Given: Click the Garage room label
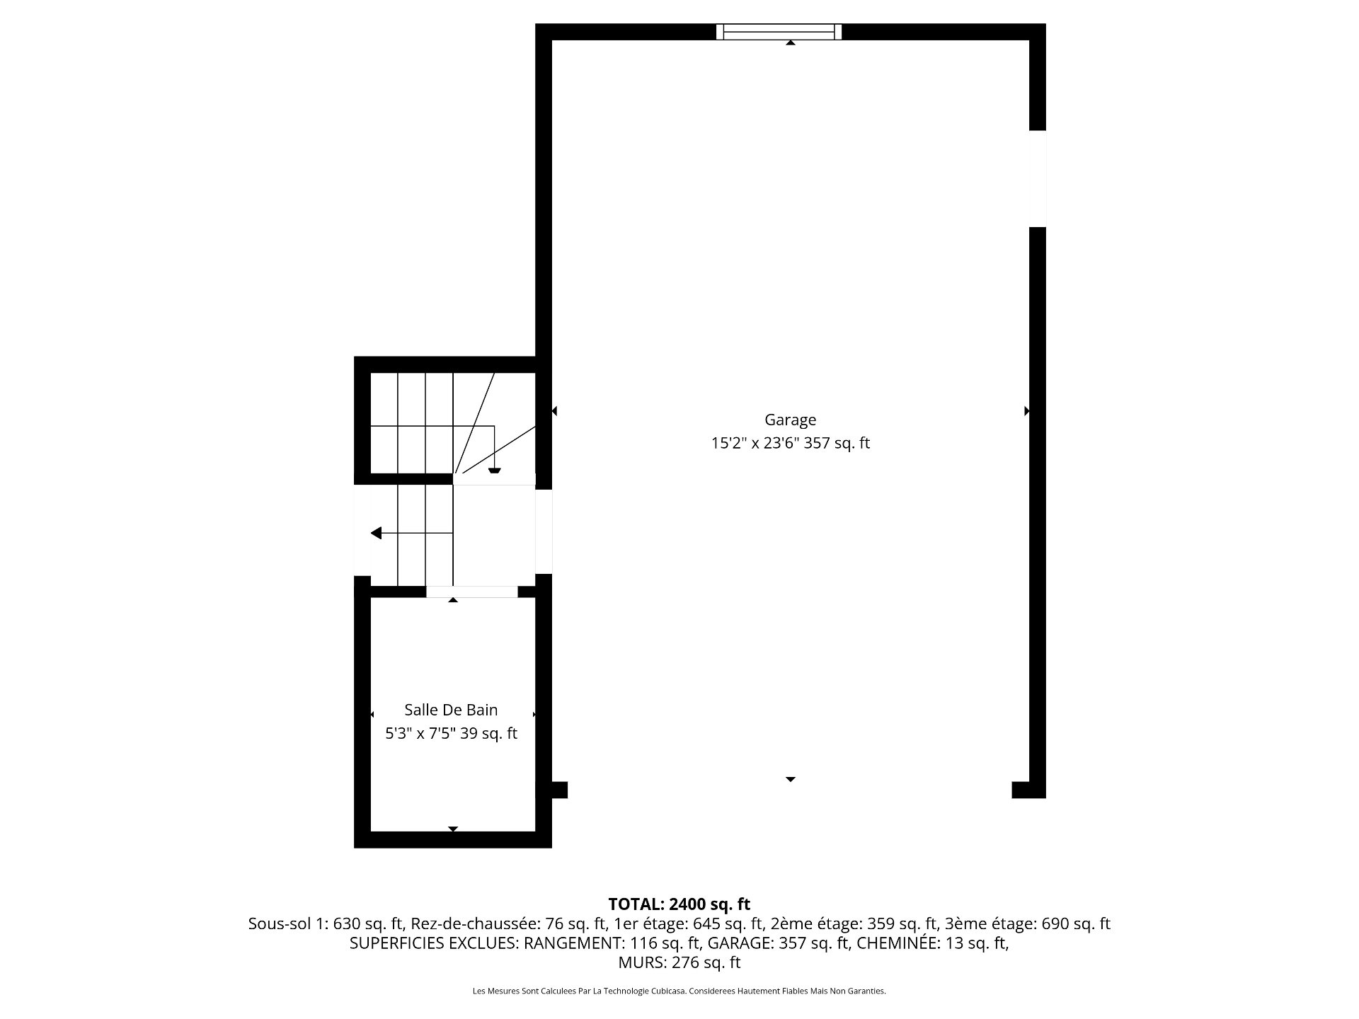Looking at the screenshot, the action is click(790, 420).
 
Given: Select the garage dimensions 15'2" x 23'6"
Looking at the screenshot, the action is click(756, 444).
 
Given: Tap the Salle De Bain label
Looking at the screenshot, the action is click(451, 710).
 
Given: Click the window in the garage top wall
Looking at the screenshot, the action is click(779, 32).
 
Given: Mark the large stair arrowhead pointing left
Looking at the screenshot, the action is click(376, 533).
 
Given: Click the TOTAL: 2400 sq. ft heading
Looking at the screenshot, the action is click(679, 904).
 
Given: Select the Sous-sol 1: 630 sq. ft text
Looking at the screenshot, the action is click(326, 923).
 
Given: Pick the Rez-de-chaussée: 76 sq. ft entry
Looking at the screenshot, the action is click(509, 923).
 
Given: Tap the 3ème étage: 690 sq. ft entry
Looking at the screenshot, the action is click(1028, 923).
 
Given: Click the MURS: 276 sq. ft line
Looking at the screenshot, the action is click(679, 962).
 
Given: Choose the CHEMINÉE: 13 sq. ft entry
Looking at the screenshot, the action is click(933, 943).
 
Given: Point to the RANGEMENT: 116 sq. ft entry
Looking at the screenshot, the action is click(612, 943).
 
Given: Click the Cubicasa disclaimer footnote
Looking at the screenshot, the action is click(679, 991).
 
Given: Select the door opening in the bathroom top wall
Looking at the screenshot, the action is click(471, 592).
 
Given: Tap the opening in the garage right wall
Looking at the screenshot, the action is click(1038, 179).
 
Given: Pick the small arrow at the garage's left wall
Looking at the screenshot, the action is click(554, 410).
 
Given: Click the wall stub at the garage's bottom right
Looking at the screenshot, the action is click(1028, 790).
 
